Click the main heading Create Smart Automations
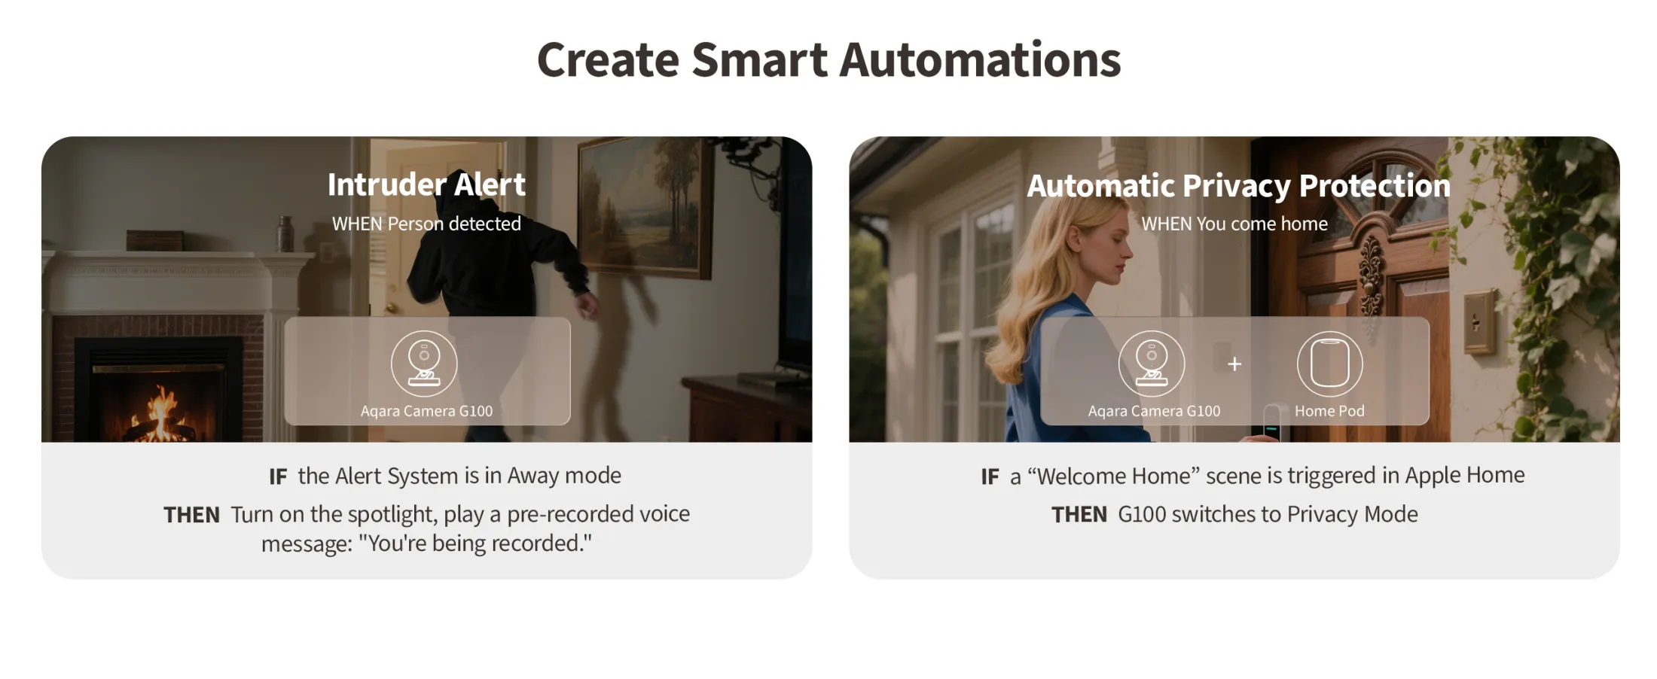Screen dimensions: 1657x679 [828, 59]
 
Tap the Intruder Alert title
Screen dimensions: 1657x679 [426, 184]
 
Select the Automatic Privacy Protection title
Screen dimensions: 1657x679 [1238, 186]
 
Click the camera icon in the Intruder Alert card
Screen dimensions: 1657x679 [424, 364]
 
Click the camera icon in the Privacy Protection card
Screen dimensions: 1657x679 [1152, 364]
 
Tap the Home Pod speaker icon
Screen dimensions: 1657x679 [1329, 364]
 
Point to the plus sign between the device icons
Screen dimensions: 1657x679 [1234, 364]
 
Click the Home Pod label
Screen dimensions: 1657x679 [1329, 411]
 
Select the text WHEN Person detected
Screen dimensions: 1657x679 [426, 224]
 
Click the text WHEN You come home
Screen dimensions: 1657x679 [1234, 224]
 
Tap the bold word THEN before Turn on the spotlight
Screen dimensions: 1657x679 [191, 515]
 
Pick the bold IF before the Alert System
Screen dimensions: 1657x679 [278, 477]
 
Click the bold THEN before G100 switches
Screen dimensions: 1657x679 [1079, 515]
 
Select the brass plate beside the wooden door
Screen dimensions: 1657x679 [1479, 322]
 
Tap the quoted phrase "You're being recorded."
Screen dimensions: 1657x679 [475, 544]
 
